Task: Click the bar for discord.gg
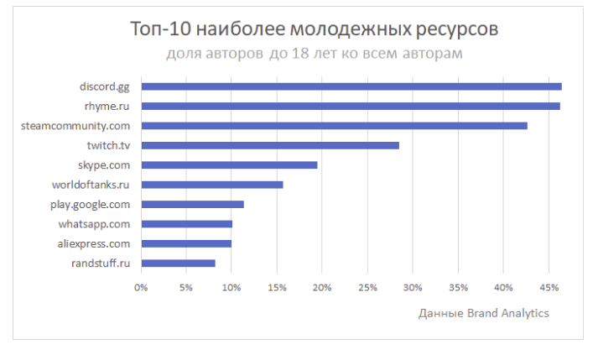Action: (x=351, y=86)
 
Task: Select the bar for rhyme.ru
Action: (x=350, y=106)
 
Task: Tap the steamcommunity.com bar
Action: (x=334, y=126)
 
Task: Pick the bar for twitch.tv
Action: (x=269, y=145)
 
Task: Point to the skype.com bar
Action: (x=229, y=165)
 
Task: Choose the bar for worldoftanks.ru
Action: (x=211, y=185)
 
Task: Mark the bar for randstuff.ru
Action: (x=178, y=263)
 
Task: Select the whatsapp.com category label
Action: (x=94, y=224)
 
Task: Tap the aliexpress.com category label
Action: (x=94, y=243)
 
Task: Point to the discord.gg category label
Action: (x=105, y=86)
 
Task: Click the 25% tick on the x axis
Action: (x=367, y=287)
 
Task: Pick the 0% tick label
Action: (x=141, y=287)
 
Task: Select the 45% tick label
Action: (x=548, y=287)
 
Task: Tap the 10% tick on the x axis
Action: (x=231, y=287)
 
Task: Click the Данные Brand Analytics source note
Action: (x=483, y=313)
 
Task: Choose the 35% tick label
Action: (x=457, y=287)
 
